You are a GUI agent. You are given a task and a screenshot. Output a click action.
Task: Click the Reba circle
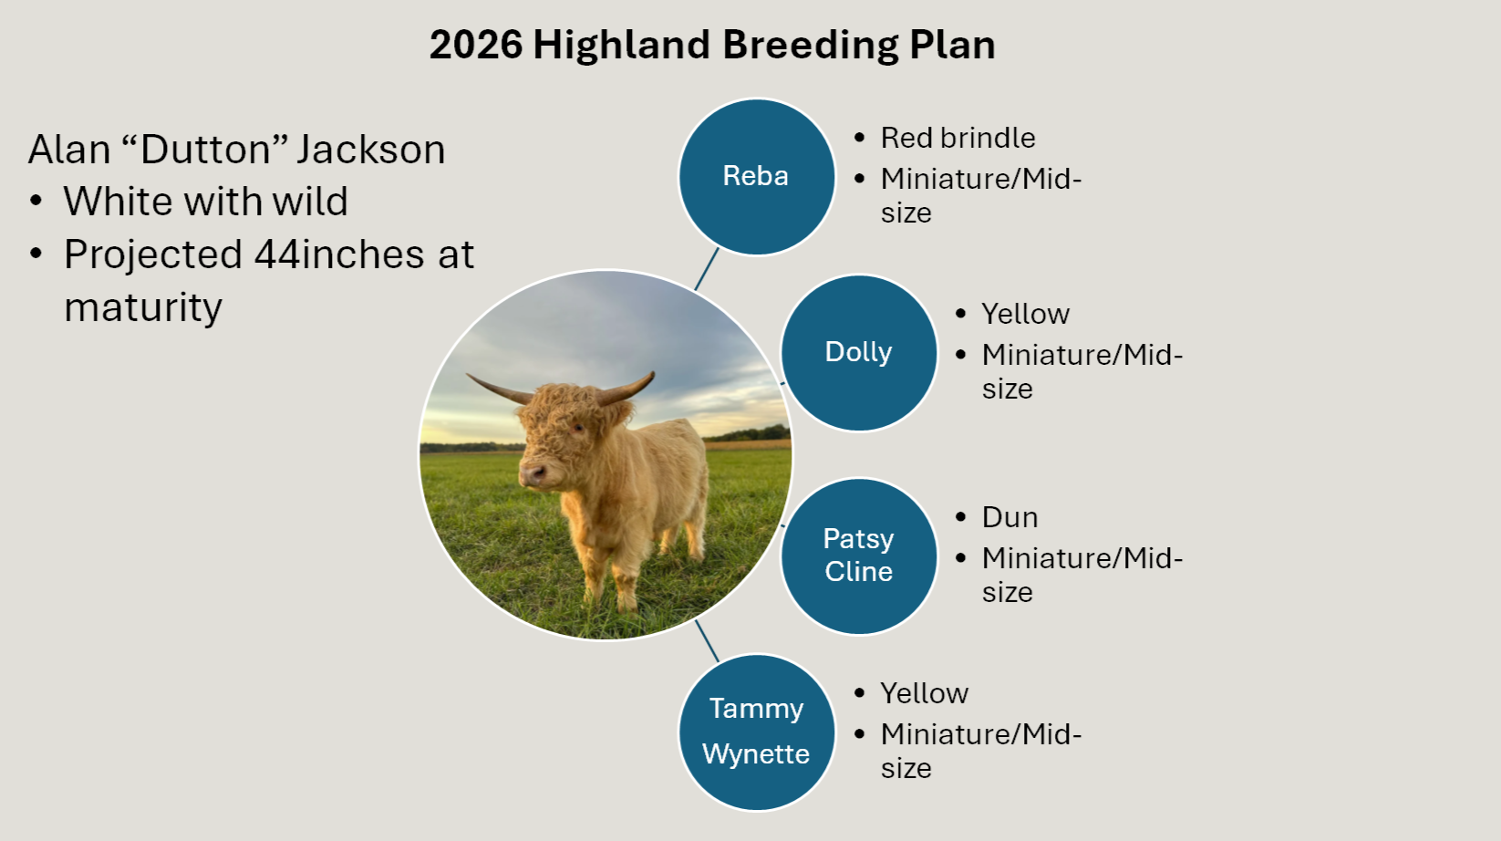tap(756, 176)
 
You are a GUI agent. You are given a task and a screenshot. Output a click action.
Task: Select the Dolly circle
tap(858, 352)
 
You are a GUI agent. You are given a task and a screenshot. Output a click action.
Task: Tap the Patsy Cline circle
tap(858, 555)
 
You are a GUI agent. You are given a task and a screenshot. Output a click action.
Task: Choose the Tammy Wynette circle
tap(756, 732)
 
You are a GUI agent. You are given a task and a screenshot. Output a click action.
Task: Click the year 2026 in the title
tap(475, 45)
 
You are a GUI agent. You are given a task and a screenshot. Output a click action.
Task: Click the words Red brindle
tap(958, 138)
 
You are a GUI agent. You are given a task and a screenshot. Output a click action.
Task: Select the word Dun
tap(1009, 517)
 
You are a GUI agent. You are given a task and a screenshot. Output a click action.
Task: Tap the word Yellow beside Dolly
tap(1025, 314)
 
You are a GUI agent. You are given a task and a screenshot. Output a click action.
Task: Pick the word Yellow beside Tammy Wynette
tap(924, 693)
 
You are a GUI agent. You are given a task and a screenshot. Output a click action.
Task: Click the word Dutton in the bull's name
tap(206, 150)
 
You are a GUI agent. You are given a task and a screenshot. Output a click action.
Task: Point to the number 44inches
tap(338, 254)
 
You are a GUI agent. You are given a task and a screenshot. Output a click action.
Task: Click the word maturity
tap(143, 307)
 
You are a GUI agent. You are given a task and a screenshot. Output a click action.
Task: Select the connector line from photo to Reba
tap(707, 269)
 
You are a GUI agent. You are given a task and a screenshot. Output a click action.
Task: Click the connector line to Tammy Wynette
tap(707, 640)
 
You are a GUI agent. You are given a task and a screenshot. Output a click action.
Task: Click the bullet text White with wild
tap(205, 202)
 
